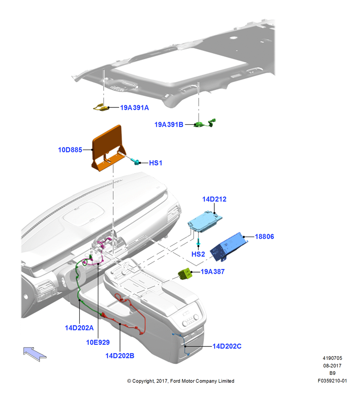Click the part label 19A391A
pyautogui.click(x=135, y=107)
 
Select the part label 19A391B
pyautogui.click(x=169, y=124)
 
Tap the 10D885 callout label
pyautogui.click(x=70, y=150)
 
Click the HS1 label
pyautogui.click(x=156, y=163)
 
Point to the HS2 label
pyautogui.click(x=198, y=254)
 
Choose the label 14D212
pyautogui.click(x=214, y=199)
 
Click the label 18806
pyautogui.click(x=264, y=237)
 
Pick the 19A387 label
pyautogui.click(x=212, y=272)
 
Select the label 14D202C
pyautogui.click(x=227, y=346)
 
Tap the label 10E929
pyautogui.click(x=98, y=342)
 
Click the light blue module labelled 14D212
pyautogui.click(x=205, y=222)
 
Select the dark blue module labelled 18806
pyautogui.click(x=229, y=246)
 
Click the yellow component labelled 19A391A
pyautogui.click(x=101, y=107)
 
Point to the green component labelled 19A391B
pyautogui.click(x=204, y=123)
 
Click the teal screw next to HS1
pyautogui.click(x=135, y=161)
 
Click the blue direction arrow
pyautogui.click(x=35, y=354)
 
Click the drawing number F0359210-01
pyautogui.click(x=332, y=381)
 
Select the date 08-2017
pyautogui.click(x=332, y=365)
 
